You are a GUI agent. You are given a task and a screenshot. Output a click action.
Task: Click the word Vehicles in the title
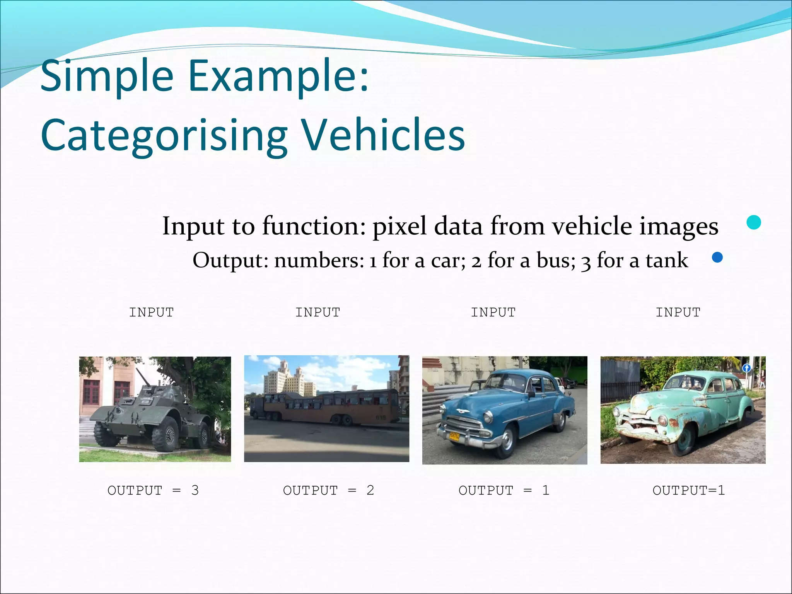383,135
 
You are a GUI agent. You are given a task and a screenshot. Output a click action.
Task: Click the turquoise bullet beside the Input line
754,222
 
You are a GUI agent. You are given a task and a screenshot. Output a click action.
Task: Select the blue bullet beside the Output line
717,258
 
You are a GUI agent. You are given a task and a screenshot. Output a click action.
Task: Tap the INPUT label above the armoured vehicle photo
151,312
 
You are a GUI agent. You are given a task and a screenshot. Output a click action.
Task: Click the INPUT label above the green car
678,312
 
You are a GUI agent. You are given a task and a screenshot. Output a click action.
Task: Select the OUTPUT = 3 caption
153,490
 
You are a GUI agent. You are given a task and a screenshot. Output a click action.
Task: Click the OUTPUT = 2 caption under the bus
328,490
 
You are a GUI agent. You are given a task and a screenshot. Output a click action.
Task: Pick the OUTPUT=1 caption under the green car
688,490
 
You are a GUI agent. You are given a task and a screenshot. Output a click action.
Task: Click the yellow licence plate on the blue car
454,436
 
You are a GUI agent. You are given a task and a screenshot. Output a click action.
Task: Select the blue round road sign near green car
747,369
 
